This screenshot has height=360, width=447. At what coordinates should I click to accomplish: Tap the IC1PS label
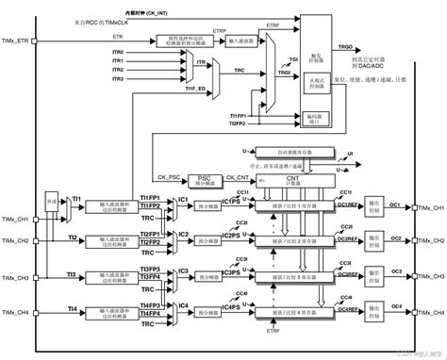[232, 202]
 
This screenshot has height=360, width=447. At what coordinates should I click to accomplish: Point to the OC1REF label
[346, 205]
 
